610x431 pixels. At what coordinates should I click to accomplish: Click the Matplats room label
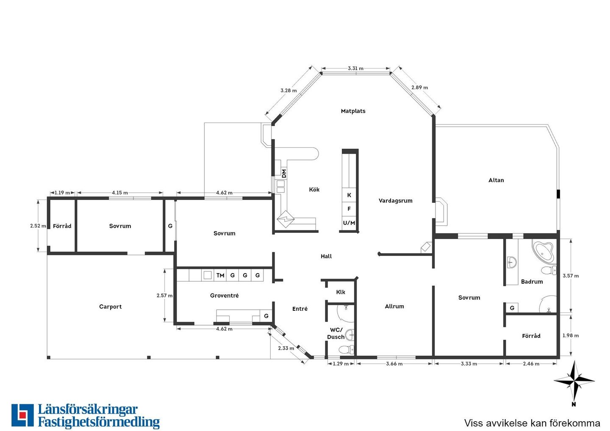point(353,111)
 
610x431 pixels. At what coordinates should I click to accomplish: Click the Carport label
point(110,307)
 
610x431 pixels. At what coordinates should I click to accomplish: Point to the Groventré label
point(225,296)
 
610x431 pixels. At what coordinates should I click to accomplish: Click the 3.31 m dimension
point(356,68)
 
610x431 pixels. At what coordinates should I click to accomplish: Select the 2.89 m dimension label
point(420,87)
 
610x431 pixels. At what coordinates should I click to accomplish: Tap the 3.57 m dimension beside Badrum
point(571,276)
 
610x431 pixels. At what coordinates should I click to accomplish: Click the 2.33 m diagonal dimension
point(286,348)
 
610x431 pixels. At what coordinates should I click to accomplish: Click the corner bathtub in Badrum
point(543,252)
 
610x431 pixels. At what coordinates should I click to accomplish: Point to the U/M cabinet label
point(349,223)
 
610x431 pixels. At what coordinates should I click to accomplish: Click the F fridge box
point(349,209)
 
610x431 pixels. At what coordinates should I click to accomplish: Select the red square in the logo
point(22,415)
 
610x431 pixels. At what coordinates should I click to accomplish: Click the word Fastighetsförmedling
point(99,422)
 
